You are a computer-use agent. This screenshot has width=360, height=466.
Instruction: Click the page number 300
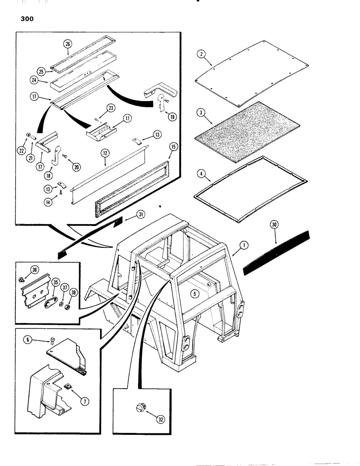point(23,20)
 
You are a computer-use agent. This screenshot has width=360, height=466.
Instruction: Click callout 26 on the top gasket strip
point(68,45)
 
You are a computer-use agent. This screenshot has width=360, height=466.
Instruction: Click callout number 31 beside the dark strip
point(141,214)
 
